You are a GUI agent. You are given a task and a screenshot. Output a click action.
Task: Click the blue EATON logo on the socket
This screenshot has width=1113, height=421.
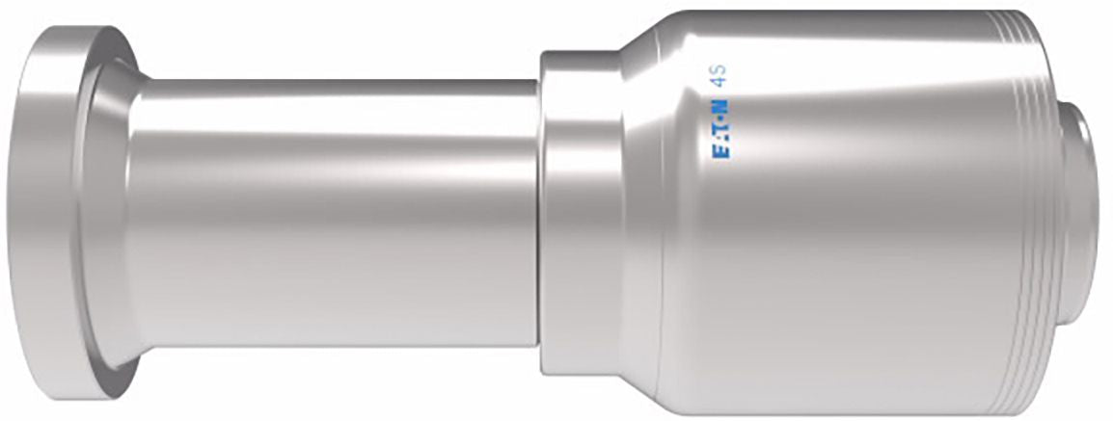(723, 128)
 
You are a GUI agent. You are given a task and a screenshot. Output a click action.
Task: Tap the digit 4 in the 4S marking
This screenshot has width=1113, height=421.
(723, 85)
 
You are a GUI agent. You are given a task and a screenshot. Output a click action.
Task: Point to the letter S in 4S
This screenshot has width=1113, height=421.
(723, 72)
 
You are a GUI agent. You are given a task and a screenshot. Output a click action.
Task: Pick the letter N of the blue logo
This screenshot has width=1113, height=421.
(723, 106)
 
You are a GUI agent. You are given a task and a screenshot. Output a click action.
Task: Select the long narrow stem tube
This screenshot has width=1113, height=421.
(334, 212)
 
